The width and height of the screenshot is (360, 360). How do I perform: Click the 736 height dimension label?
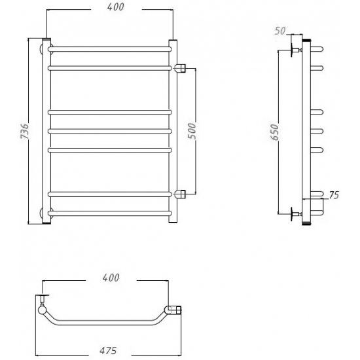[x=25, y=131]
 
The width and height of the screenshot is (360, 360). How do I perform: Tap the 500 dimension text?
[x=192, y=131]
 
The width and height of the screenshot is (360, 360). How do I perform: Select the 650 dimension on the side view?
[x=274, y=132]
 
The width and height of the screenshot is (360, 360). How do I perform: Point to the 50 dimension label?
[x=280, y=31]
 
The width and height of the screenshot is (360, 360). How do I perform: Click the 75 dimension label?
[x=334, y=195]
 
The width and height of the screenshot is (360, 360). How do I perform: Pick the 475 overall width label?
[x=108, y=350]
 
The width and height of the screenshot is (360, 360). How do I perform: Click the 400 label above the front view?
[x=116, y=7]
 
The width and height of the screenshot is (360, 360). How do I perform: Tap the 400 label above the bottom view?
[x=111, y=278]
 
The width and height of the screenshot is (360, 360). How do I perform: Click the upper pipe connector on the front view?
[x=180, y=68]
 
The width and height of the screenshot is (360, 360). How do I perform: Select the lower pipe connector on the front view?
[x=180, y=194]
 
